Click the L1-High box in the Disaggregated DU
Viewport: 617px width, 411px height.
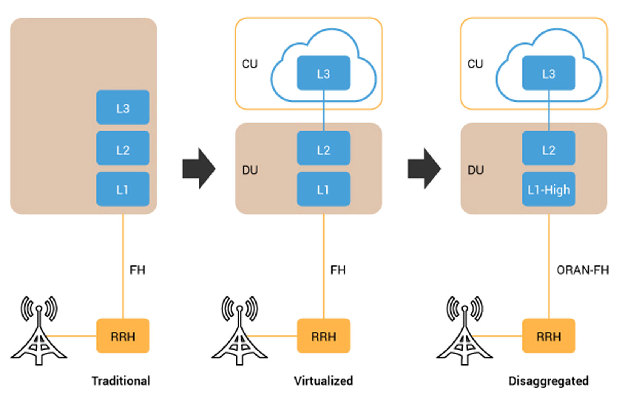548,189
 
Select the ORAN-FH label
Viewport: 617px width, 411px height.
582,270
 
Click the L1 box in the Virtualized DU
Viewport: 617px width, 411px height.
323,189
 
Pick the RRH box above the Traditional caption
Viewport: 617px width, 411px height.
123,336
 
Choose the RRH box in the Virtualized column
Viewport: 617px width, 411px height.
323,336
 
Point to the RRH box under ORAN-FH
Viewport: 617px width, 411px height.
548,336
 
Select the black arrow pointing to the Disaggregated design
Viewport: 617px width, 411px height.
424,168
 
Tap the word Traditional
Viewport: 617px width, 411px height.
121,381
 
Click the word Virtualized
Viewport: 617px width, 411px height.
323,381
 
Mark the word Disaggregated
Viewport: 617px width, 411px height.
548,381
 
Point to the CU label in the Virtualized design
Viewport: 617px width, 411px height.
250,64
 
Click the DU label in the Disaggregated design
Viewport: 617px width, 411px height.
476,170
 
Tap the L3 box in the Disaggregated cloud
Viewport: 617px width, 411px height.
548,73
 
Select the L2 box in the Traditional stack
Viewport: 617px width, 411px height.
123,149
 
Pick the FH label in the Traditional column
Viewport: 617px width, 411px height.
137,270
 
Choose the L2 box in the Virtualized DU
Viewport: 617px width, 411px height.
323,149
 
